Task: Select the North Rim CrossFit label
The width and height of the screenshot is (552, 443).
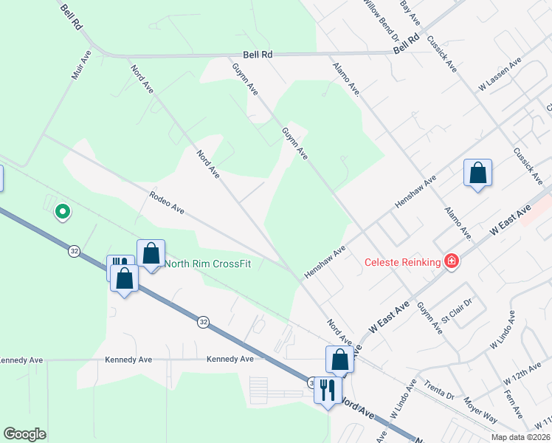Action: [x=207, y=264]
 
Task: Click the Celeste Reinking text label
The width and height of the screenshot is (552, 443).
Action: [x=401, y=262]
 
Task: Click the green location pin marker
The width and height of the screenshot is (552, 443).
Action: [x=63, y=213]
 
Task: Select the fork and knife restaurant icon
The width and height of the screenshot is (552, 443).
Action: [x=328, y=388]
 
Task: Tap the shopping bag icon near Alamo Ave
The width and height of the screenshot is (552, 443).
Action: [x=477, y=174]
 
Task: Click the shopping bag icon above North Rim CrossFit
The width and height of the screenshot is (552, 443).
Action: [x=151, y=253]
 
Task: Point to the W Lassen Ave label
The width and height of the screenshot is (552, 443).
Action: [x=500, y=76]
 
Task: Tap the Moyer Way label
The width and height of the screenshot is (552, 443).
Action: [x=480, y=409]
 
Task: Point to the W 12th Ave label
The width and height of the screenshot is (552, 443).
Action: [x=522, y=375]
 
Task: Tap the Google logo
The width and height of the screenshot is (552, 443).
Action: [x=24, y=434]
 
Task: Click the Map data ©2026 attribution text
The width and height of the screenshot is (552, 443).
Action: [x=520, y=437]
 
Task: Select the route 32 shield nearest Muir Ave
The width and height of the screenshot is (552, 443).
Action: [x=74, y=251]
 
